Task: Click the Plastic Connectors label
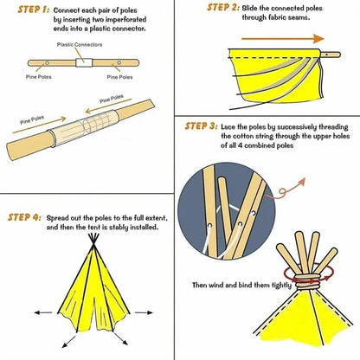point(80,44)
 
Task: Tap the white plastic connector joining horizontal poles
point(84,63)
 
